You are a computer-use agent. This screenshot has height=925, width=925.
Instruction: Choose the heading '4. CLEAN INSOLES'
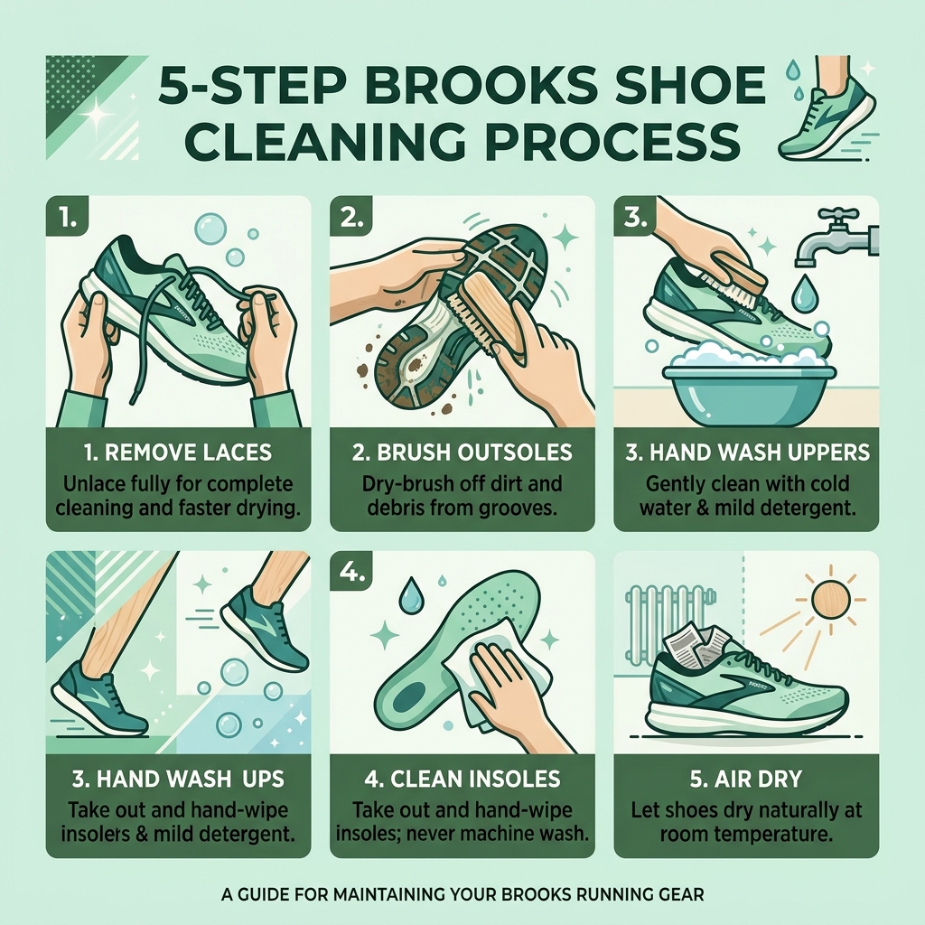pos(462,778)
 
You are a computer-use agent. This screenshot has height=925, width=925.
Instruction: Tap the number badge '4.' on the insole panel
pos(350,573)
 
